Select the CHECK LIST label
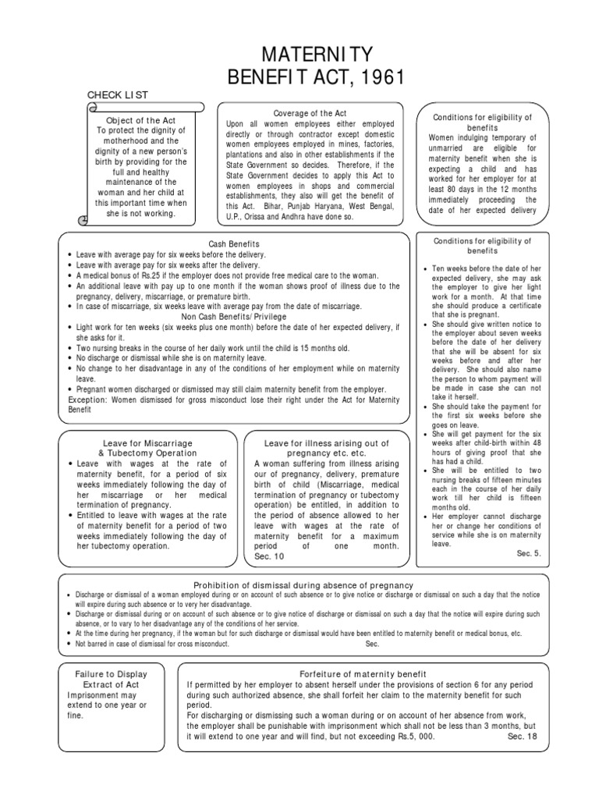point(118,95)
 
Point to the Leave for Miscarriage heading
point(148,442)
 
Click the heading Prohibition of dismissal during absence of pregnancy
point(303,585)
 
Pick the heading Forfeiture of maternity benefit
point(363,673)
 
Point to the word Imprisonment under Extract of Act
point(91,694)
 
